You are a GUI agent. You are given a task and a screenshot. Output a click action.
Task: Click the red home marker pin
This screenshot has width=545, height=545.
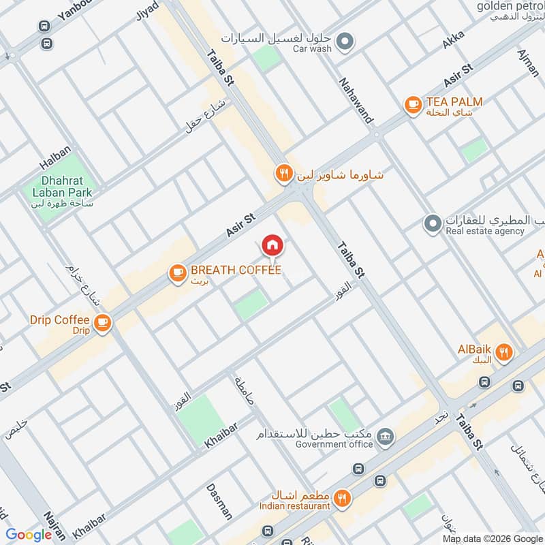point(272,245)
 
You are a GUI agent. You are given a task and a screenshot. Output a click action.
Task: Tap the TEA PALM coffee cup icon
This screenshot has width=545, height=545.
point(412,104)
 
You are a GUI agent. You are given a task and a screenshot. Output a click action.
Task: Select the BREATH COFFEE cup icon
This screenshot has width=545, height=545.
point(178,272)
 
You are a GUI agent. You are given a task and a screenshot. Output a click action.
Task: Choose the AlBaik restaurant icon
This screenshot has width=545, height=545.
point(504,352)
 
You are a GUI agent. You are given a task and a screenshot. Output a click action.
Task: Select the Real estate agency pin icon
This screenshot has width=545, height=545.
point(432,223)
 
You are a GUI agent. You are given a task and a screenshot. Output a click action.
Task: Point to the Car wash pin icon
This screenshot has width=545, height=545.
point(346,42)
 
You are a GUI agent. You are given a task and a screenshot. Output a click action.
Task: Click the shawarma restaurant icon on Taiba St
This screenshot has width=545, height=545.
point(284,174)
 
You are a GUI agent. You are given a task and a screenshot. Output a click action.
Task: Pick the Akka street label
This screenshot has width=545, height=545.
point(452,40)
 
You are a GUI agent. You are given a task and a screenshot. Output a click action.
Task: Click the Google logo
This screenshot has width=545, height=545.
point(29,535)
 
